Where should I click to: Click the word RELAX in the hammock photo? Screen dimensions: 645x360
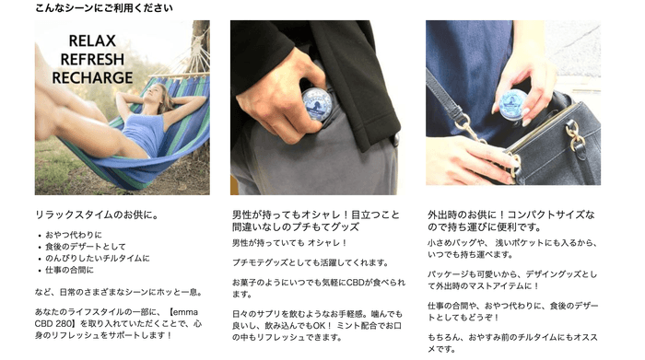click(x=92, y=41)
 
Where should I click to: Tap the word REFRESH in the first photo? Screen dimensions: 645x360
click(x=92, y=59)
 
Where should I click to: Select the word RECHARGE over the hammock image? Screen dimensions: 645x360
click(x=92, y=77)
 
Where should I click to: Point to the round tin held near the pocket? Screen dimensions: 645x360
click(x=317, y=106)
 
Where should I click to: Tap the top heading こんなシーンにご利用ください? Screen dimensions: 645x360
click(x=103, y=7)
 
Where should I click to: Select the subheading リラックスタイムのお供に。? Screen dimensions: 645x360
click(x=97, y=215)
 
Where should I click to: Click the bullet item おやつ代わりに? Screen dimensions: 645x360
click(x=74, y=235)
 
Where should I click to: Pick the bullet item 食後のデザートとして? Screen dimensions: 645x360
click(x=86, y=247)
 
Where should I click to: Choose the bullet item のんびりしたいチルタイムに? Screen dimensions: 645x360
click(x=98, y=258)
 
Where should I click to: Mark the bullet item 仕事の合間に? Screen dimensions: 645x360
click(x=69, y=270)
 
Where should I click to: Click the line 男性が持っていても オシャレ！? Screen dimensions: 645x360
click(x=289, y=243)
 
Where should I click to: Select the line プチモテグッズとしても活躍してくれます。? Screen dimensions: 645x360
click(x=311, y=262)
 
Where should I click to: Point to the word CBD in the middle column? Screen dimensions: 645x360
click(x=355, y=283)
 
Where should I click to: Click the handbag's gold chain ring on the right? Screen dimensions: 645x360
click(x=572, y=134)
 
